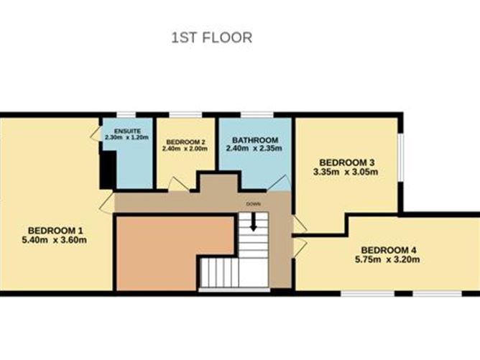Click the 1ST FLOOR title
pos(211,37)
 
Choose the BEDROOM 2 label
pos(186,142)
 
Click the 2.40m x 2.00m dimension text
pos(186,149)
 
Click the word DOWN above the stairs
pos(253,204)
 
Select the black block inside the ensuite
pos(108,170)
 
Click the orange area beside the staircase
pos(172,251)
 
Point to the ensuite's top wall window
pos(126,114)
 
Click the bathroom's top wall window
pos(257,114)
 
